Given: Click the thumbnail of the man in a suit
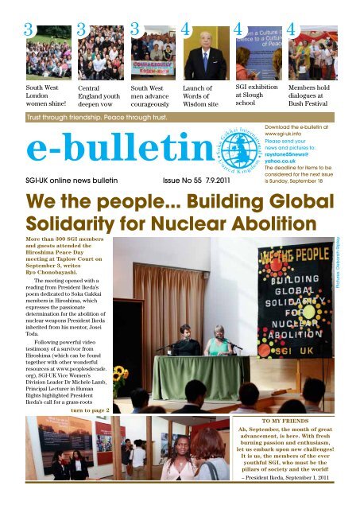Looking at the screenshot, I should click(x=205, y=51).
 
